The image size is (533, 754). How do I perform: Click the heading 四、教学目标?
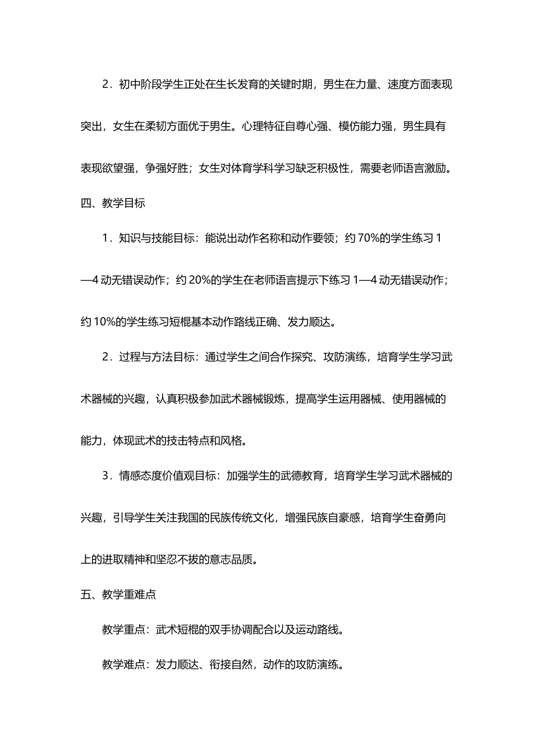[x=113, y=203]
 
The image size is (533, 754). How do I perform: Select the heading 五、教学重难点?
[x=118, y=594]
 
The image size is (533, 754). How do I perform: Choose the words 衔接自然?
[x=231, y=665]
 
